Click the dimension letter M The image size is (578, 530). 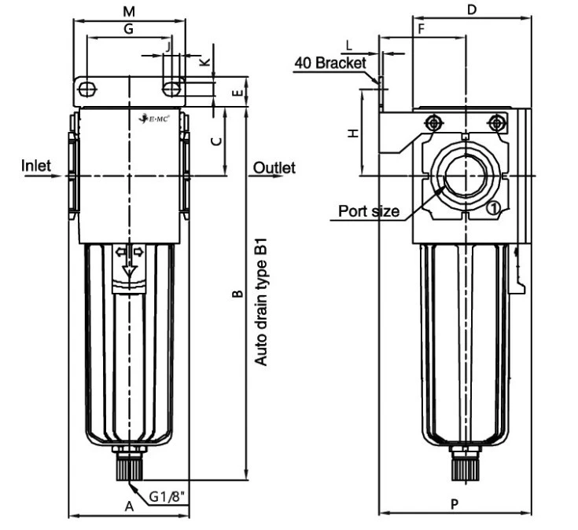(x=131, y=11)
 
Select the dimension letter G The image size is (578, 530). (x=129, y=29)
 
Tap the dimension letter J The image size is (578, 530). (x=168, y=47)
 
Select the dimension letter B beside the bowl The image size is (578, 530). (x=235, y=295)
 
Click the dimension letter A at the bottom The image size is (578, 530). (x=129, y=506)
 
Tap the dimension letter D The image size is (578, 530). (x=472, y=9)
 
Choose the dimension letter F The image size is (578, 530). (x=422, y=29)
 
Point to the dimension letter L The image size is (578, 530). (x=348, y=46)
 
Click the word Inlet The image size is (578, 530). (x=35, y=166)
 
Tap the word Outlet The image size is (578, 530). (x=274, y=167)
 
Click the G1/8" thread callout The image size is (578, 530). (x=168, y=496)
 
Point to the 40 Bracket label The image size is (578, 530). (x=330, y=63)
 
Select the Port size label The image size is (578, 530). (x=369, y=210)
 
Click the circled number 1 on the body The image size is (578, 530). (x=492, y=207)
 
